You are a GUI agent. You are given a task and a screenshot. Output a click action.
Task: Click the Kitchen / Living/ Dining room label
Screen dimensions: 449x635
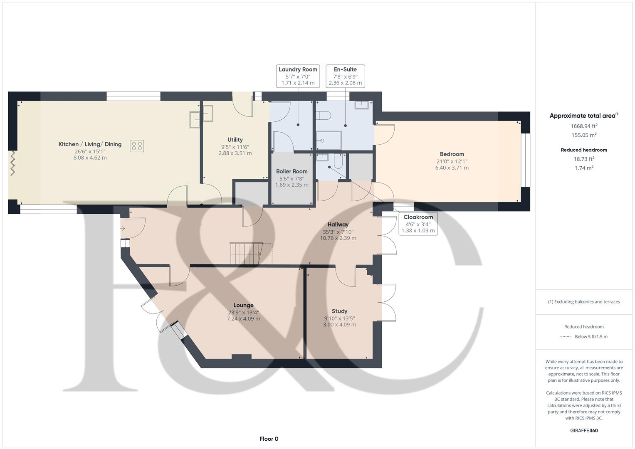coord(90,144)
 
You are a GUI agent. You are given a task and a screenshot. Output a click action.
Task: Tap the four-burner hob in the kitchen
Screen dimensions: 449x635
coord(137,146)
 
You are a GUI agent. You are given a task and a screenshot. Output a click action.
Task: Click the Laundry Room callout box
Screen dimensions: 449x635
coord(298,76)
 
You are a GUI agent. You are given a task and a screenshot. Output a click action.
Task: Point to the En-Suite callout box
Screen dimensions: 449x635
coord(345,76)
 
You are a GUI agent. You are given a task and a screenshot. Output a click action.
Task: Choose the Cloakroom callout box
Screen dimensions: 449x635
coord(418,224)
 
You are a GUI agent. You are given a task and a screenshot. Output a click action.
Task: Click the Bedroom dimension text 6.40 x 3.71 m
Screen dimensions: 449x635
coord(452,168)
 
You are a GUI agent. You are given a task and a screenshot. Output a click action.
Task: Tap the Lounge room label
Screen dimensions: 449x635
coord(243,305)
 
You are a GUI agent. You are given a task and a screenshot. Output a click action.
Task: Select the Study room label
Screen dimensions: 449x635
coord(339,311)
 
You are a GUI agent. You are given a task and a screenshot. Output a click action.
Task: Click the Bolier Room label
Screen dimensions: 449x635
coord(292,171)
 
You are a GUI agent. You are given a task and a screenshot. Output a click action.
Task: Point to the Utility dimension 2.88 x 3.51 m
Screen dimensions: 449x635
coord(235,153)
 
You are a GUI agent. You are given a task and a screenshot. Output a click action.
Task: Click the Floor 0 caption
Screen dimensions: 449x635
coord(269,439)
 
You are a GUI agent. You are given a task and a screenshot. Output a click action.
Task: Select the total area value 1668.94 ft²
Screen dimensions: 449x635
coord(584,126)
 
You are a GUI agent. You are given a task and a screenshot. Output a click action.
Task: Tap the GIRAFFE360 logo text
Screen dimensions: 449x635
coord(584,430)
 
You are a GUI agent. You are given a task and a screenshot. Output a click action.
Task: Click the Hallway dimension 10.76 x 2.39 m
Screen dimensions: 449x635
coord(338,238)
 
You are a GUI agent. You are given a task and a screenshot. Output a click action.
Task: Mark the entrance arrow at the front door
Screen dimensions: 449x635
coord(123,228)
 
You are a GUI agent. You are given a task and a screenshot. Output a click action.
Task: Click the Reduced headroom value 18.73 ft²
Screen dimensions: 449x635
coord(584,159)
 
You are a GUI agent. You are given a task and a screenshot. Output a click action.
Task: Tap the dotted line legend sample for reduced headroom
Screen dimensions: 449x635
coord(566,337)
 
